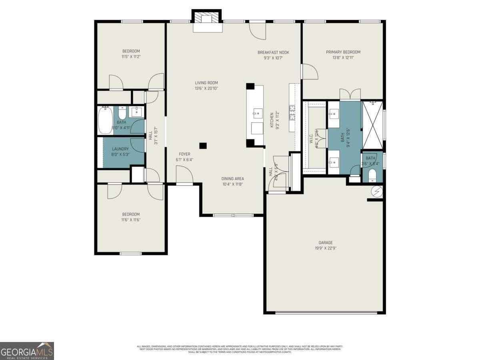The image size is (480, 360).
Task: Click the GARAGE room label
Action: [x=325, y=242]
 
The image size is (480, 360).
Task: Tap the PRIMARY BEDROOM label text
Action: [x=343, y=52]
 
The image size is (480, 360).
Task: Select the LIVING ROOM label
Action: [x=206, y=83]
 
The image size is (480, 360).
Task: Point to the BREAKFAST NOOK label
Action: [x=273, y=52]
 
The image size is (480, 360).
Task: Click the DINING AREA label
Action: [x=232, y=179]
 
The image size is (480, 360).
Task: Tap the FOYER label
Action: [x=184, y=154]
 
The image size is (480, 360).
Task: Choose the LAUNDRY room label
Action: [x=120, y=149]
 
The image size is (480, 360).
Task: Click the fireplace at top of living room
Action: [x=206, y=21]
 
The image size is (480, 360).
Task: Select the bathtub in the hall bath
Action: [x=106, y=120]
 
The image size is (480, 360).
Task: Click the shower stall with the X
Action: [x=372, y=120]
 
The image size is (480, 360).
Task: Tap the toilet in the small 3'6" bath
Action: [x=372, y=175]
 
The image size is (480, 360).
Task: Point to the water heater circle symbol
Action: [x=376, y=192]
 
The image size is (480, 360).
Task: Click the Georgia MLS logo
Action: [x=27, y=351]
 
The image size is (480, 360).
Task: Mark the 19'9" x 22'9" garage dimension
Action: [x=325, y=248]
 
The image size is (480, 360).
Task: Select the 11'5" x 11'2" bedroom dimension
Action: [x=131, y=57]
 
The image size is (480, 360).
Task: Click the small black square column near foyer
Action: [x=203, y=146]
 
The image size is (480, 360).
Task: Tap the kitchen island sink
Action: [x=256, y=113]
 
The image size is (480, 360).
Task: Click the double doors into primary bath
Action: [x=350, y=95]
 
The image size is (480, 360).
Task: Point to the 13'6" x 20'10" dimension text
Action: [x=206, y=88]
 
